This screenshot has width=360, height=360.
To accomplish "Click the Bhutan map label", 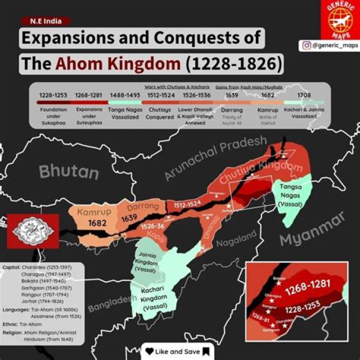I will [69, 171].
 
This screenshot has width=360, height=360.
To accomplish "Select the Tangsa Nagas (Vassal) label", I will [294, 195].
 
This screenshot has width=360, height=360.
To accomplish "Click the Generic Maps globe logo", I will [340, 19].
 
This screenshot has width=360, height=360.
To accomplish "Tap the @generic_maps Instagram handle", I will [330, 46].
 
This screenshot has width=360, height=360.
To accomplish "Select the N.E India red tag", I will [45, 21].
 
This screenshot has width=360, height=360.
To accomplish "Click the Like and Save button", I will [177, 351].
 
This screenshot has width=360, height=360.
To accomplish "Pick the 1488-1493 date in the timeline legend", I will [121, 94].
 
